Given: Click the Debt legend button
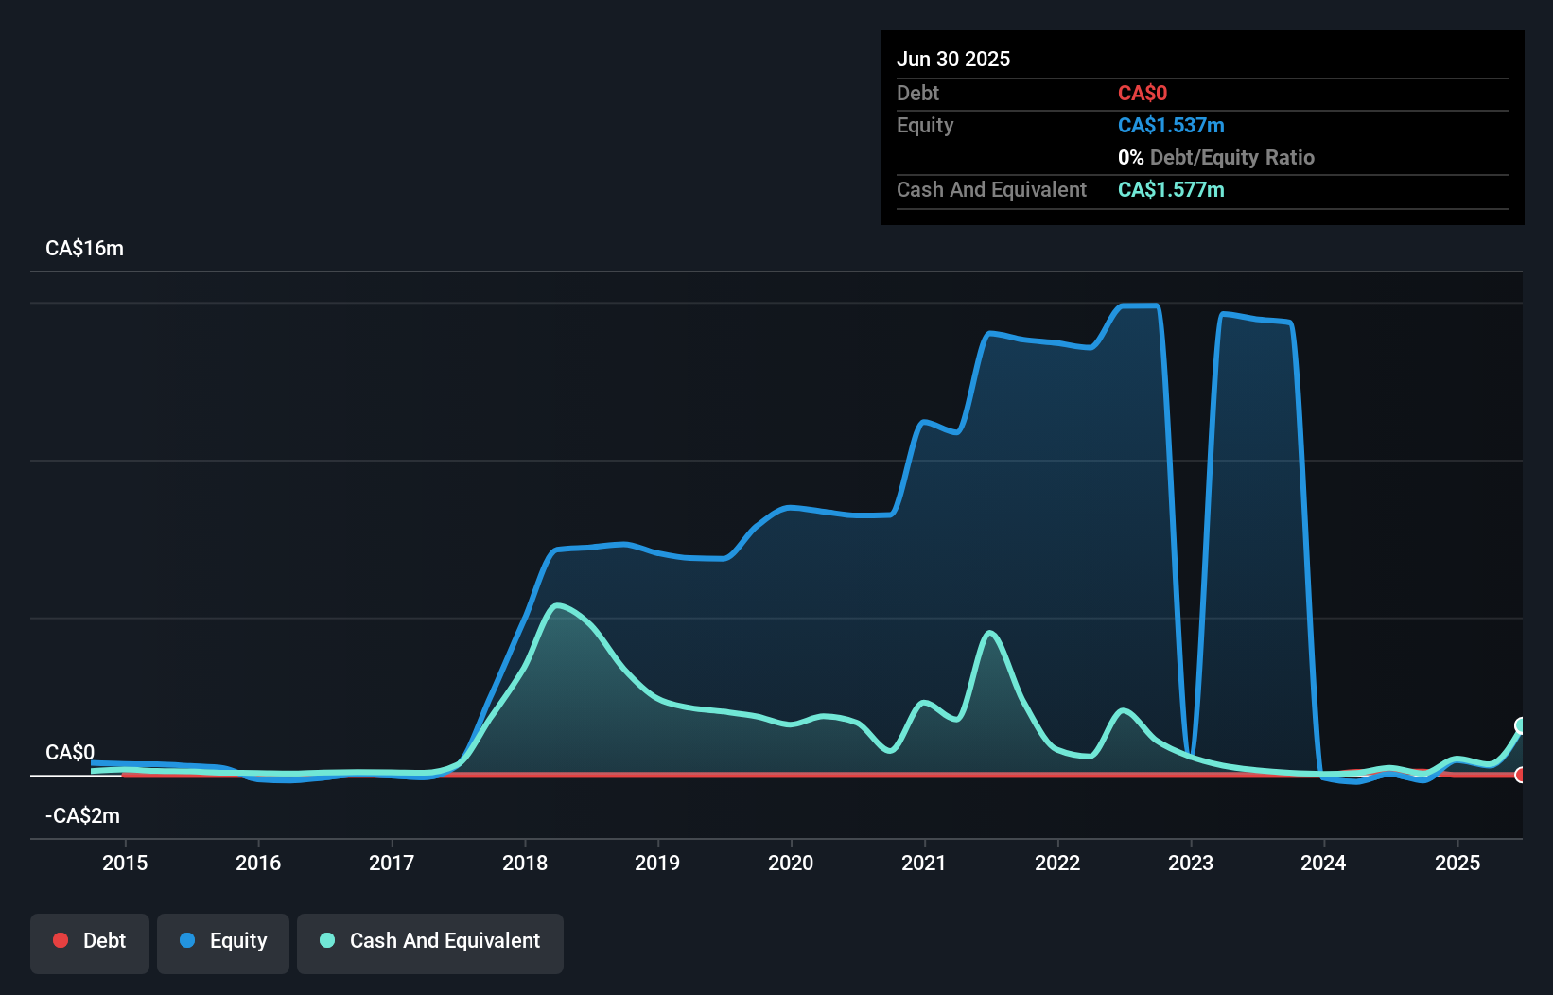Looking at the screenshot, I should tap(89, 942).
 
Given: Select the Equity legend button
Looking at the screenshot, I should tap(223, 942).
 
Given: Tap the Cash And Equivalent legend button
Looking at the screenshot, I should tap(429, 942).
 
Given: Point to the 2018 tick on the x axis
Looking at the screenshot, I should tap(525, 863).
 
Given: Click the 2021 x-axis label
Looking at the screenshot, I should tap(923, 863).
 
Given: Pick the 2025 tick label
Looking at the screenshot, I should tap(1457, 863).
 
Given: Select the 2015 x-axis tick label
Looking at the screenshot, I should tap(125, 863).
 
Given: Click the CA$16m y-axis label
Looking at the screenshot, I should tap(84, 249).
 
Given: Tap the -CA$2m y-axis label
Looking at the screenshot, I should tap(83, 815).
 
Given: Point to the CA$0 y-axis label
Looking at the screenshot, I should tap(70, 753).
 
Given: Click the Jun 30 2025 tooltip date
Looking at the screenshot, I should tap(953, 59).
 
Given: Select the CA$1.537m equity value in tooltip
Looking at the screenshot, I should tap(1171, 126).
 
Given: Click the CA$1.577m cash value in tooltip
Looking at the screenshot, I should tap(1171, 190).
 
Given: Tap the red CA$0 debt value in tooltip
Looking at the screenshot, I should tap(1143, 94).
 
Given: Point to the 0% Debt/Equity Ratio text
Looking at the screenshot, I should tap(1215, 158).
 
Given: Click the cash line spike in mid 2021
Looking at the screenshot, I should tap(989, 632).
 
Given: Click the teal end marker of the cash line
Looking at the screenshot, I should tap(1521, 725).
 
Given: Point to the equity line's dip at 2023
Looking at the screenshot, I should tap(1190, 755).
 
